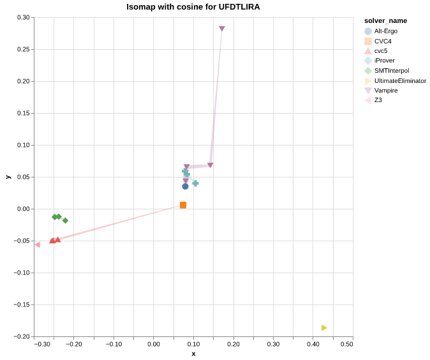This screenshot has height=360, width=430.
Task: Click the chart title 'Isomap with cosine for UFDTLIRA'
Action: pos(193,7)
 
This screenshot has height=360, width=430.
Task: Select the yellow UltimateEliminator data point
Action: pos(324,328)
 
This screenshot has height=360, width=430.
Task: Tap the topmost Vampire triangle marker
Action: pos(222,29)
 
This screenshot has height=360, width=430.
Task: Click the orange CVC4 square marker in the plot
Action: pos(183,205)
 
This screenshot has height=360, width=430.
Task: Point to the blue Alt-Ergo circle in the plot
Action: pos(186,186)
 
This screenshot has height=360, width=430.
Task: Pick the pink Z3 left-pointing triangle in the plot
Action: pos(37,244)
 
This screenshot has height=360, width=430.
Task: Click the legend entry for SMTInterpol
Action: pos(391,71)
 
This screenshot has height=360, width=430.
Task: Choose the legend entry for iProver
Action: pos(384,61)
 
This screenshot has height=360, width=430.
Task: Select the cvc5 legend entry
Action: pos(380,51)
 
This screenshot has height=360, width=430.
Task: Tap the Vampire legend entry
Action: pos(385,91)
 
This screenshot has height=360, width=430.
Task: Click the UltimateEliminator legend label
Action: pos(400,80)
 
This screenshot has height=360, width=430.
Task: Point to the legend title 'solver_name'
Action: pos(385,20)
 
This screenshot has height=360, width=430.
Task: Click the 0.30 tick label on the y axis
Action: pos(24,17)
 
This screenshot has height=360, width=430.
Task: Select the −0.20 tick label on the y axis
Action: pos(22,336)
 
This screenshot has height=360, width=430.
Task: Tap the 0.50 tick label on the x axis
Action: pos(346,344)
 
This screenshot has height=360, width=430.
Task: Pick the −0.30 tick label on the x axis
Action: pos(42,344)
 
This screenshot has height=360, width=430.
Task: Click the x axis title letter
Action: pos(193,354)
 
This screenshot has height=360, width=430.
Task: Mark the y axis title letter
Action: pos(8,177)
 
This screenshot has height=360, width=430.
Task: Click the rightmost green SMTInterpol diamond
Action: pos(65,221)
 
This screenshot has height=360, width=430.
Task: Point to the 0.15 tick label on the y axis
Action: pos(24,113)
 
